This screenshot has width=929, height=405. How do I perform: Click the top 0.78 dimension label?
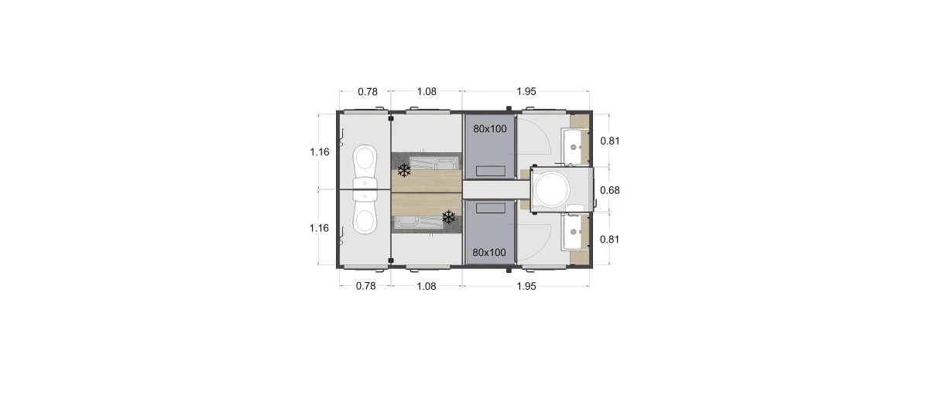pyautogui.click(x=368, y=91)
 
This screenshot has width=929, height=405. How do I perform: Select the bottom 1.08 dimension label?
pyautogui.click(x=427, y=286)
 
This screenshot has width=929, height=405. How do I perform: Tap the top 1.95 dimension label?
pyautogui.click(x=526, y=91)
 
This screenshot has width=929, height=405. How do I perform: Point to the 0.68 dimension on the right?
pyautogui.click(x=610, y=190)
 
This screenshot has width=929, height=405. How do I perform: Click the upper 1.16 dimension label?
pyautogui.click(x=319, y=152)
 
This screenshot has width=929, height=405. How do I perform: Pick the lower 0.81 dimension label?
pyautogui.click(x=610, y=240)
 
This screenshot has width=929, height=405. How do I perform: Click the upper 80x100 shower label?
pyautogui.click(x=490, y=129)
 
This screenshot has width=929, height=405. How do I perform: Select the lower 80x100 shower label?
pyautogui.click(x=489, y=252)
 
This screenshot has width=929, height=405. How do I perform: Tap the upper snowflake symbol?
pyautogui.click(x=404, y=170)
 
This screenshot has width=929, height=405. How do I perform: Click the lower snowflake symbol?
pyautogui.click(x=449, y=217)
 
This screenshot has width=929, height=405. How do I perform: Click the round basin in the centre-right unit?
pyautogui.click(x=551, y=189)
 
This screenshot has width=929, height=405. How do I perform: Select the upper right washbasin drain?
pyautogui.click(x=574, y=147)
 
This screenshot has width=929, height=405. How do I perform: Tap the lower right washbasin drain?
pyautogui.click(x=574, y=232)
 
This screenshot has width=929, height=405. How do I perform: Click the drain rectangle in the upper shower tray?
pyautogui.click(x=491, y=171)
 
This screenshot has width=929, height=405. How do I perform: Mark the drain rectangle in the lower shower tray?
pyautogui.click(x=491, y=207)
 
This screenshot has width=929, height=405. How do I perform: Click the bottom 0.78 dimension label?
pyautogui.click(x=365, y=286)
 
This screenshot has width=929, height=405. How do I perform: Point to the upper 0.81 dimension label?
pyautogui.click(x=610, y=141)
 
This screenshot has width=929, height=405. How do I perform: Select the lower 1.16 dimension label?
pyautogui.click(x=319, y=228)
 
